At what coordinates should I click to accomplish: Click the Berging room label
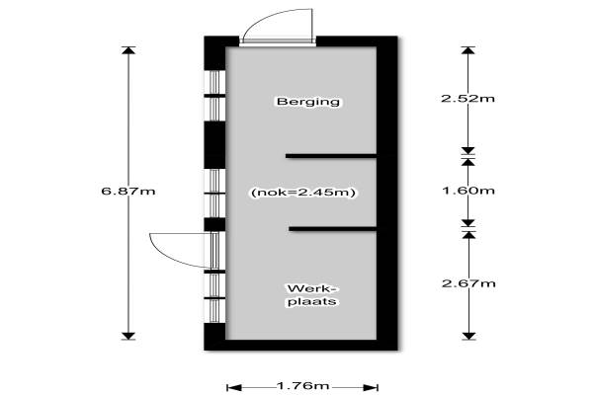(308, 102)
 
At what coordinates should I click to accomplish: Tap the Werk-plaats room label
(312, 295)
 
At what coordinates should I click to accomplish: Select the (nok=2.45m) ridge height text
(303, 193)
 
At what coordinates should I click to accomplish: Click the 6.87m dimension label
(128, 191)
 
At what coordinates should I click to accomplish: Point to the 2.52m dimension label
(467, 99)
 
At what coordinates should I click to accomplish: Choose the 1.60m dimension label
(468, 191)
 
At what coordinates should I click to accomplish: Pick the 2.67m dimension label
(468, 283)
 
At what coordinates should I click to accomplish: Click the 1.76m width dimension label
(302, 386)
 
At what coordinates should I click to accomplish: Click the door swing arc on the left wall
(181, 251)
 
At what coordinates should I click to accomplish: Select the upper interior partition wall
(331, 156)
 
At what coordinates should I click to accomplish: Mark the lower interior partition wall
(333, 229)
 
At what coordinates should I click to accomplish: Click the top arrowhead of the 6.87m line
(128, 50)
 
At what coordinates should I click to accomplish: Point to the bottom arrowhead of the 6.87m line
(128, 336)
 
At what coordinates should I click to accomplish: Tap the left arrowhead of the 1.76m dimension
(234, 387)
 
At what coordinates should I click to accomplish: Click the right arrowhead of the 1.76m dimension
(371, 387)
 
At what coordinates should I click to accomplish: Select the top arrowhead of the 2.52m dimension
(468, 50)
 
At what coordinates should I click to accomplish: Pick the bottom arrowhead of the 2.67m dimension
(468, 336)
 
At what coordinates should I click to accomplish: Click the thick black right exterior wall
(387, 193)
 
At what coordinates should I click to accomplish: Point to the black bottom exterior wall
(301, 345)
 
